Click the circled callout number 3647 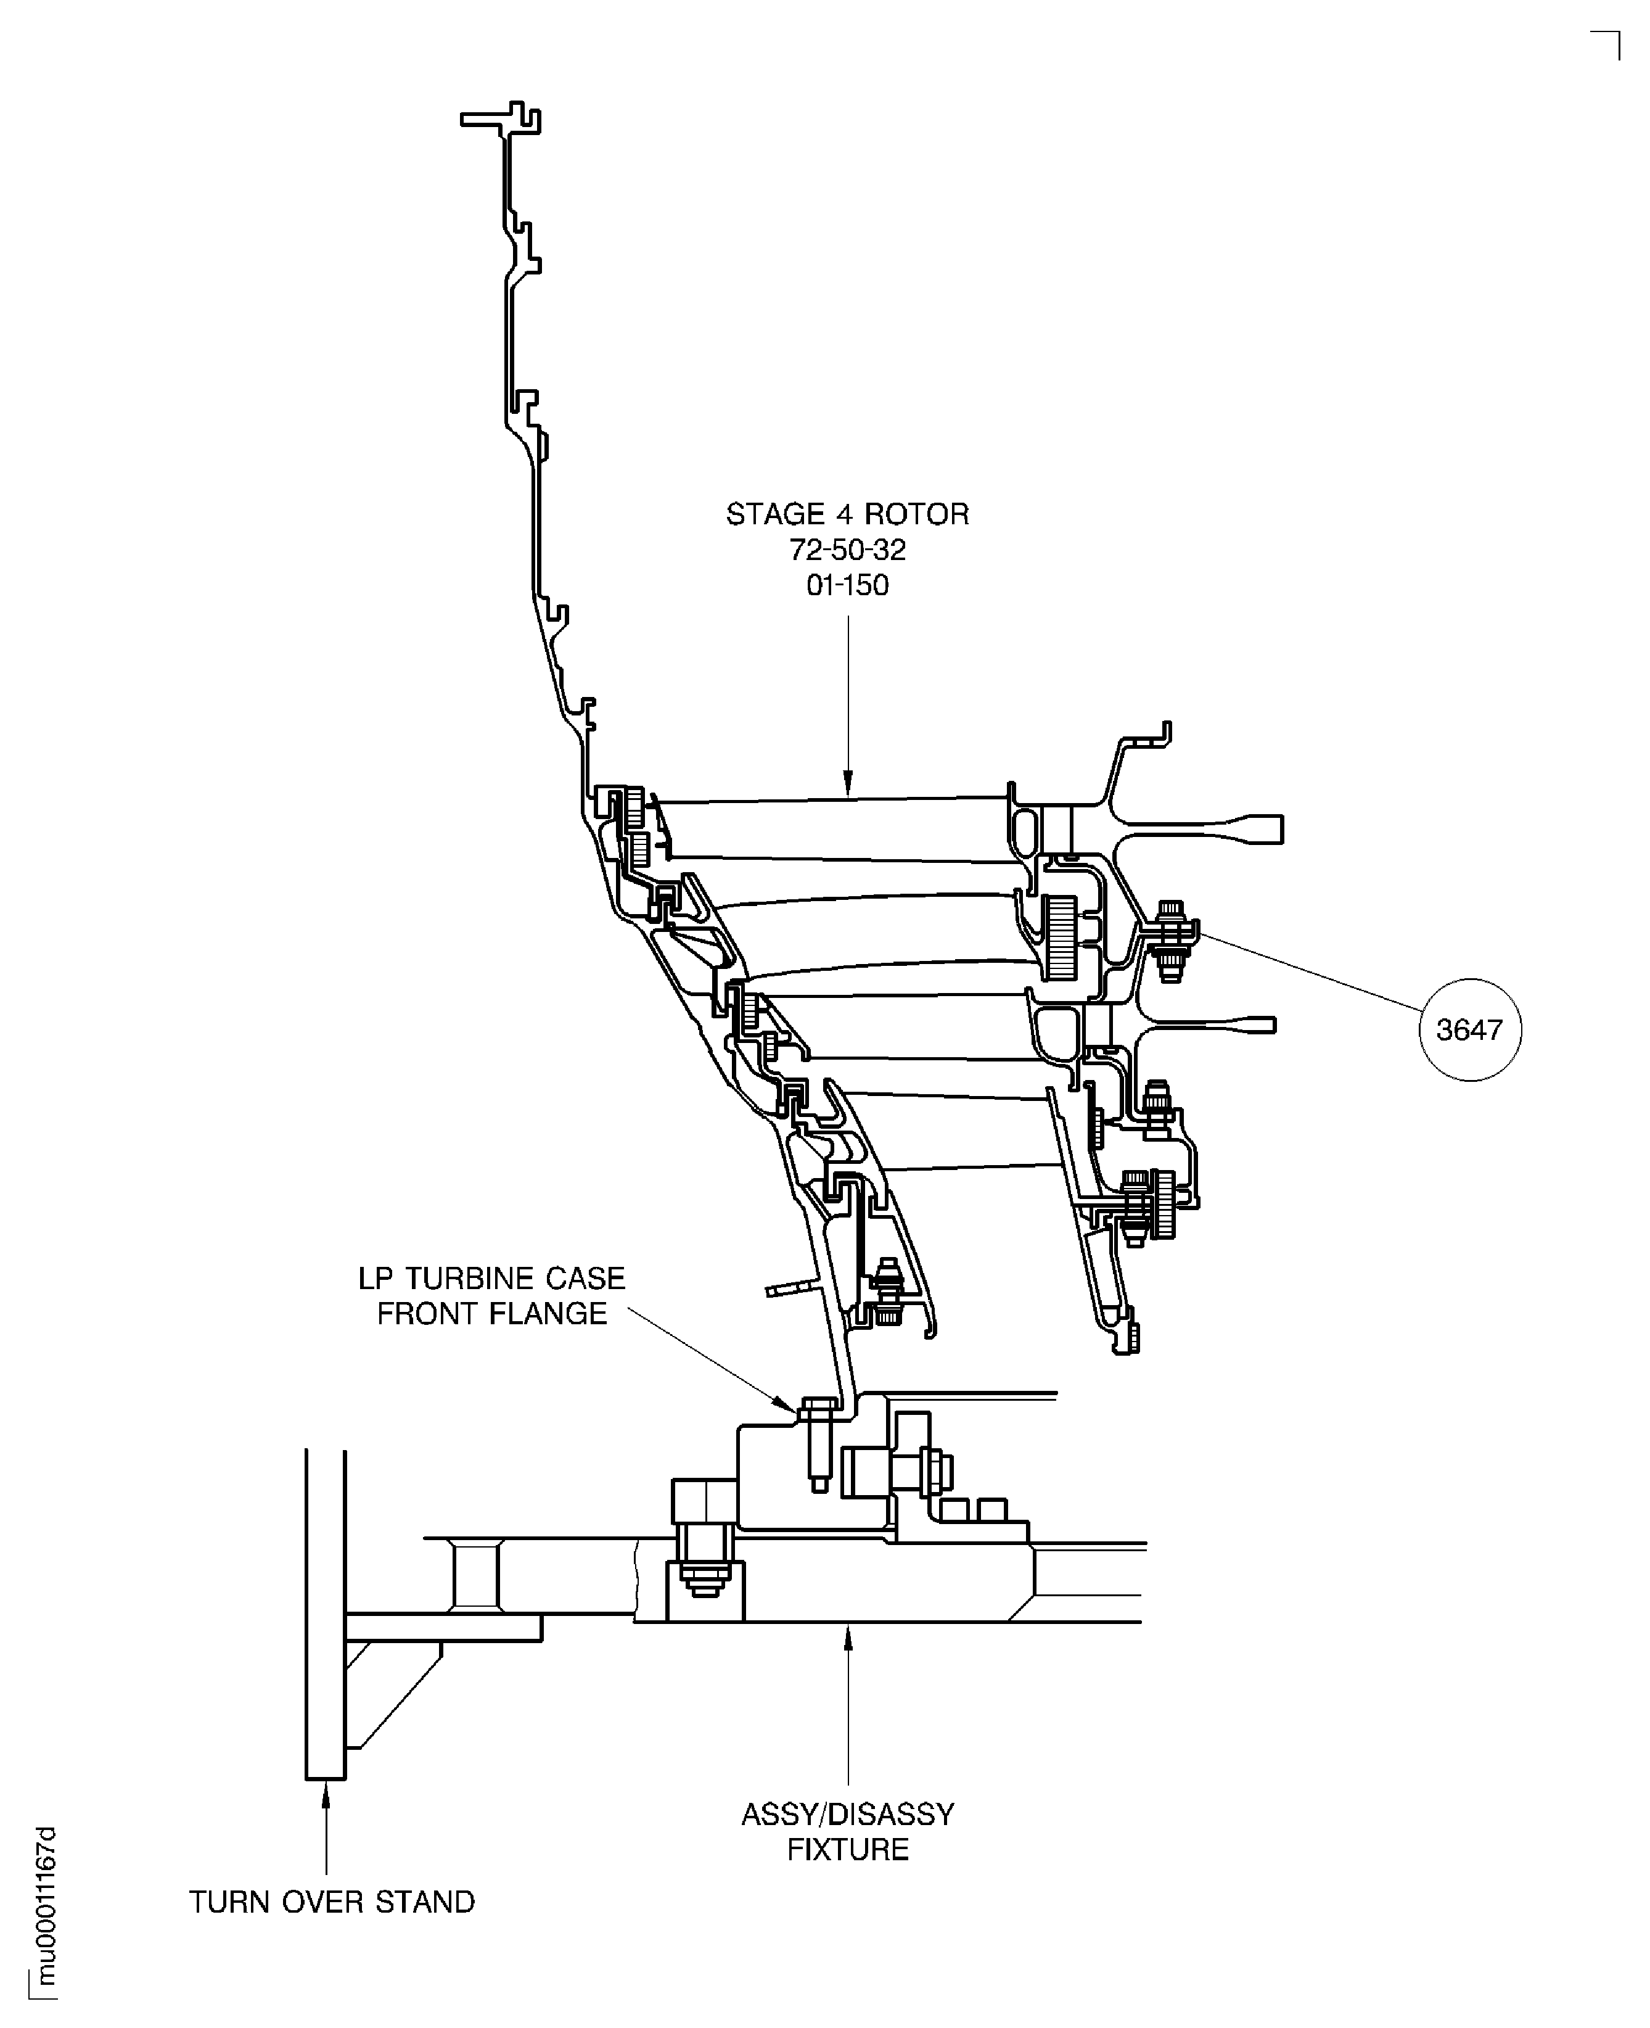click(x=1469, y=1029)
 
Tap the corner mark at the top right click(x=1619, y=31)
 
